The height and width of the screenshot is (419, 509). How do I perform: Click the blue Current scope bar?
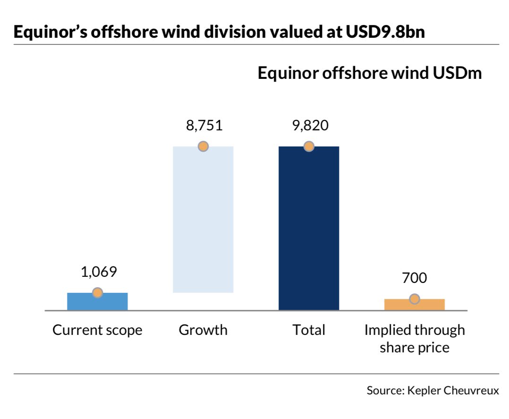pyautogui.click(x=97, y=302)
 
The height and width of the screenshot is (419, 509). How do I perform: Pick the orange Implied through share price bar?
pyautogui.click(x=415, y=305)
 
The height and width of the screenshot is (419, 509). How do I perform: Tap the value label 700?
pyautogui.click(x=415, y=278)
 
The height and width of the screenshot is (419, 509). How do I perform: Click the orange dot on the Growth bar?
pyautogui.click(x=203, y=146)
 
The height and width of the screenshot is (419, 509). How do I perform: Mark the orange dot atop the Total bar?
pyautogui.click(x=309, y=146)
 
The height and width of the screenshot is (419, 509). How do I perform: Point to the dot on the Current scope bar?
pyautogui.click(x=97, y=293)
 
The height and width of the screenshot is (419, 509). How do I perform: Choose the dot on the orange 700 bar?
pyautogui.click(x=415, y=299)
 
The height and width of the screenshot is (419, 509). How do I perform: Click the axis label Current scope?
pyautogui.click(x=97, y=330)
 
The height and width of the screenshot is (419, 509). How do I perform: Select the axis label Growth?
pyautogui.click(x=203, y=330)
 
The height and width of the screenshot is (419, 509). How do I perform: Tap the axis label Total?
pyautogui.click(x=309, y=330)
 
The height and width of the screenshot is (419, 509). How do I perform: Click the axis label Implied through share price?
pyautogui.click(x=415, y=338)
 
